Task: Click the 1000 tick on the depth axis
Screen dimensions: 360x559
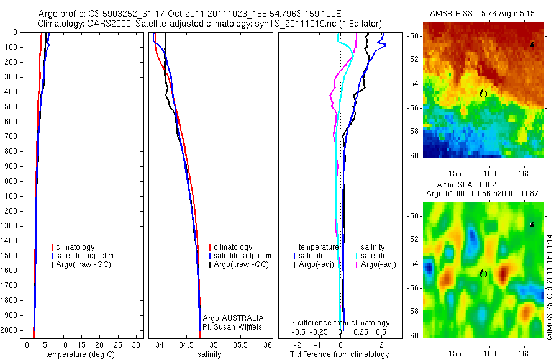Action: coord(10,182)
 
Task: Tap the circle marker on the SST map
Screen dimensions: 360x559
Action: coord(483,93)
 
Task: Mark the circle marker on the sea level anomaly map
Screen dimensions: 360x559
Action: coord(483,274)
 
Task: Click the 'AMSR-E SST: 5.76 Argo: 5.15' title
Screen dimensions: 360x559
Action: coord(483,13)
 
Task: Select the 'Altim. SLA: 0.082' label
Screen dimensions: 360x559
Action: coord(483,186)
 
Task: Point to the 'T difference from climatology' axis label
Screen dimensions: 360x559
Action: coord(339,354)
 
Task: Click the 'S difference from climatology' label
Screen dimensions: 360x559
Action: coord(340,323)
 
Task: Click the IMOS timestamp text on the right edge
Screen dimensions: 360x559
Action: coord(549,286)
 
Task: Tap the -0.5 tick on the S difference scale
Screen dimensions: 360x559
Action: coord(302,332)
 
